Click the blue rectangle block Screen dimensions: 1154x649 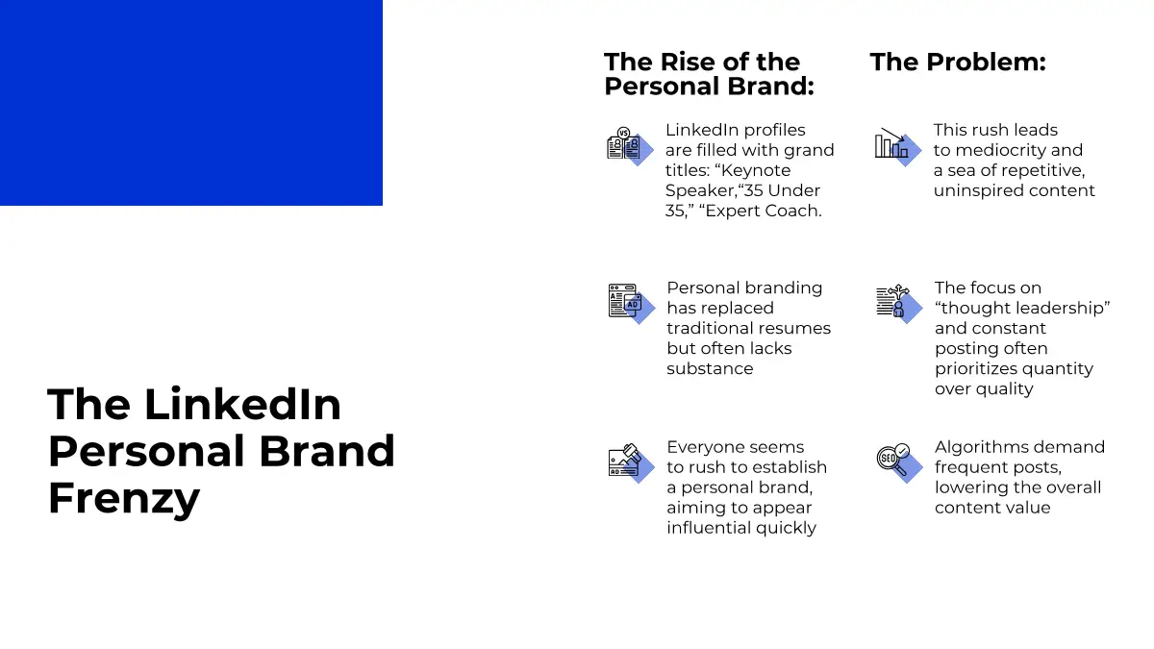[x=191, y=103]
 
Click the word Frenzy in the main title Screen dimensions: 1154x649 [x=124, y=498]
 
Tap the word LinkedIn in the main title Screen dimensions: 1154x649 [x=242, y=405]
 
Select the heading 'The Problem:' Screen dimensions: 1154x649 [x=958, y=62]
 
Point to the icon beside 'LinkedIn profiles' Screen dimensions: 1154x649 [x=630, y=146]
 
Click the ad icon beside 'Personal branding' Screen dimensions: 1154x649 [x=632, y=304]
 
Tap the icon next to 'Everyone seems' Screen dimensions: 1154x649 [x=632, y=462]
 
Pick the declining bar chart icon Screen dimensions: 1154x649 [x=898, y=146]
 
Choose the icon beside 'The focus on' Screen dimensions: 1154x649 [x=899, y=304]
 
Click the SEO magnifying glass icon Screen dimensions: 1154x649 [x=899, y=462]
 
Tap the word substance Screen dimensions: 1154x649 [x=710, y=369]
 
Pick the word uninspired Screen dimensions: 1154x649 [x=976, y=191]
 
